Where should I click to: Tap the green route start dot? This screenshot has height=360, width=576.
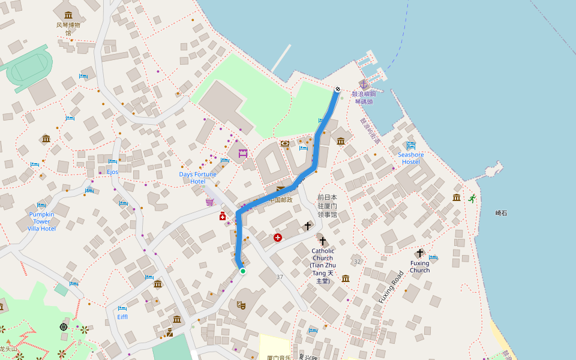click(243, 271)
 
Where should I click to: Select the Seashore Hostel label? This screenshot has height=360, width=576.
click(410, 158)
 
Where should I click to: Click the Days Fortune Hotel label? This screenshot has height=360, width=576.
click(197, 178)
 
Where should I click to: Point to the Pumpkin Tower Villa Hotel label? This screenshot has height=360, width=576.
click(42, 221)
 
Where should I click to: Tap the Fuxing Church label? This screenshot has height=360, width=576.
click(419, 266)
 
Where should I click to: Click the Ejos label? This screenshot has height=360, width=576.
click(113, 172)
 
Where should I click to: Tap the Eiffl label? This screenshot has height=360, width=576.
click(122, 317)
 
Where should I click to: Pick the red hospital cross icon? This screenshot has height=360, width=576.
click(278, 238)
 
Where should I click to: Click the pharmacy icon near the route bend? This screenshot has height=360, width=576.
click(223, 216)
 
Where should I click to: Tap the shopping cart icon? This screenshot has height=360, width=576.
click(209, 202)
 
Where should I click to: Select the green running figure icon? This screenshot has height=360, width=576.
click(472, 199)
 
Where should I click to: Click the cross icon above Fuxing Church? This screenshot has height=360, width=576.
click(419, 253)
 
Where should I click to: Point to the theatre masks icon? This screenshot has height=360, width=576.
click(241, 305)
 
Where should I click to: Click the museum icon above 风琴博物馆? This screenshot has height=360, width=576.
click(68, 15)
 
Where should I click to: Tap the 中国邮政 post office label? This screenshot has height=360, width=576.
click(280, 200)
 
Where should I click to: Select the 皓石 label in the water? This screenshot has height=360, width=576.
click(501, 213)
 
